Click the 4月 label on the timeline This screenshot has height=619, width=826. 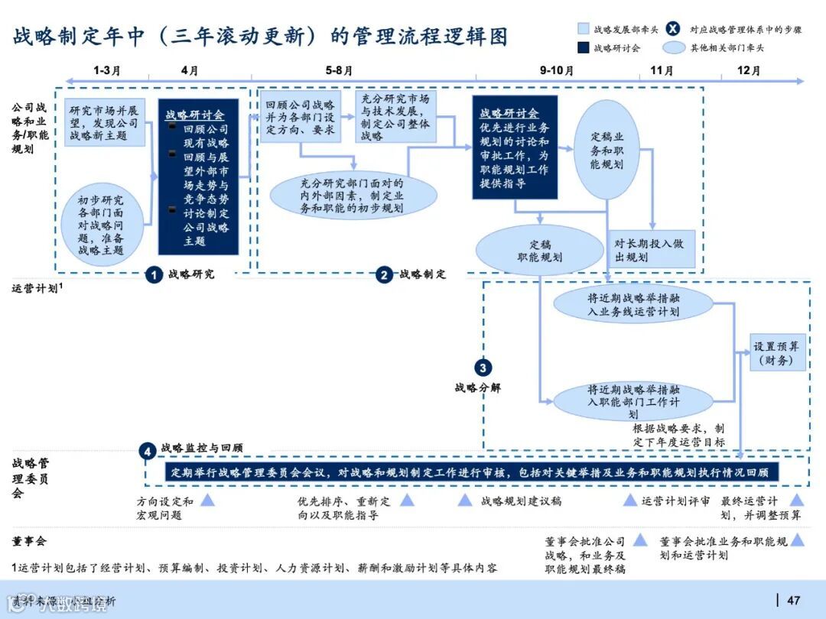tap(189, 70)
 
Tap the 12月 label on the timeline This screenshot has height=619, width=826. tap(749, 70)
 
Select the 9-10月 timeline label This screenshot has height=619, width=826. tap(556, 70)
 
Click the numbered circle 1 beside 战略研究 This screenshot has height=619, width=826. tap(154, 275)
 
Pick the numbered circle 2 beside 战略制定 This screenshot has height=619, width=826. tap(384, 275)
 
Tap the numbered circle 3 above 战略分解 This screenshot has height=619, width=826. tap(483, 367)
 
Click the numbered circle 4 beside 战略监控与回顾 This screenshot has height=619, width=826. tap(148, 451)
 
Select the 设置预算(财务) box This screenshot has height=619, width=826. tap(778, 353)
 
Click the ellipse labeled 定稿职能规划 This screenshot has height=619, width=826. tap(540, 251)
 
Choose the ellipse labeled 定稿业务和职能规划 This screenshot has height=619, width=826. tap(606, 150)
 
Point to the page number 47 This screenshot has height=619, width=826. tap(793, 600)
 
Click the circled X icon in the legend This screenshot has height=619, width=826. tap(672, 29)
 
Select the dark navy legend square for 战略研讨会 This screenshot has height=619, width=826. tap(583, 48)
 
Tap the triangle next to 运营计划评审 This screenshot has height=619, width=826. tap(630, 501)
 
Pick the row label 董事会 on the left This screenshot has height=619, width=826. tap(30, 541)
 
